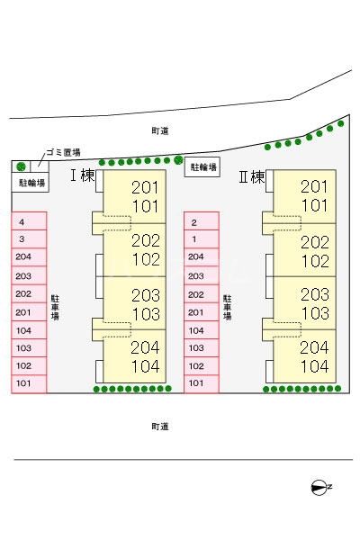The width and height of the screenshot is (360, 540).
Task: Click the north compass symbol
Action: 319,487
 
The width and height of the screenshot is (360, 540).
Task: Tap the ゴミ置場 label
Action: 63,152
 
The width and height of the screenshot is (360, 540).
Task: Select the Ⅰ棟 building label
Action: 82,175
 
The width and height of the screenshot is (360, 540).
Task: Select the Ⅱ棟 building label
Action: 252,177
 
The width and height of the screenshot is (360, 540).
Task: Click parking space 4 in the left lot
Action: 29,221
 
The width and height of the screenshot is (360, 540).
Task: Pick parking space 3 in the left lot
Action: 29,239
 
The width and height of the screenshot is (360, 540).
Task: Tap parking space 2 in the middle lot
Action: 202,221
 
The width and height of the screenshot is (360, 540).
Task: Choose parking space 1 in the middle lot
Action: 202,239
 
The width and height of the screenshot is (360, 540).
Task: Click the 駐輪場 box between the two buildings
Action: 202,167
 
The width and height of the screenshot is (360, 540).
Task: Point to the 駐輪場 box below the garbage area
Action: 31,182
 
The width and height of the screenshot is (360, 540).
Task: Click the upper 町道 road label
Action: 160,130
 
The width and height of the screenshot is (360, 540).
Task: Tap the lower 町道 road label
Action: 160,427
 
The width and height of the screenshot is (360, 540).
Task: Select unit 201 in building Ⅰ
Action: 146,187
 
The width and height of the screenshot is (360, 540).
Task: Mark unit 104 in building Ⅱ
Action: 314,366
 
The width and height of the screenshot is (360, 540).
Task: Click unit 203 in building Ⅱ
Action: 314,294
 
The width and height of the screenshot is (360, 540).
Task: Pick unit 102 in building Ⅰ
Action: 146,259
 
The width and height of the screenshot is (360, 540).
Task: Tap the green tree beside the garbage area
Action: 22,166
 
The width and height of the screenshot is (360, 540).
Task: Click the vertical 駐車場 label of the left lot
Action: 55,308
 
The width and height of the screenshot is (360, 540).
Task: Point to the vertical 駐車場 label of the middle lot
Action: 228,308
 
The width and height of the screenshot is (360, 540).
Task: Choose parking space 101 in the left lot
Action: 29,383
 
